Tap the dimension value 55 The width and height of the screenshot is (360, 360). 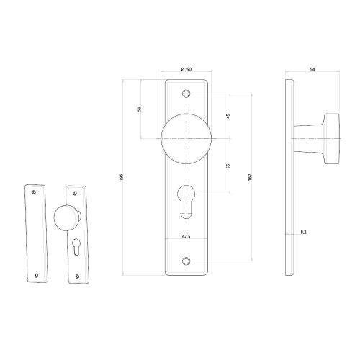228,166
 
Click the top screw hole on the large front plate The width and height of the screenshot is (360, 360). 187,94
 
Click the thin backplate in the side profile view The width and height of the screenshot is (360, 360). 289,177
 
